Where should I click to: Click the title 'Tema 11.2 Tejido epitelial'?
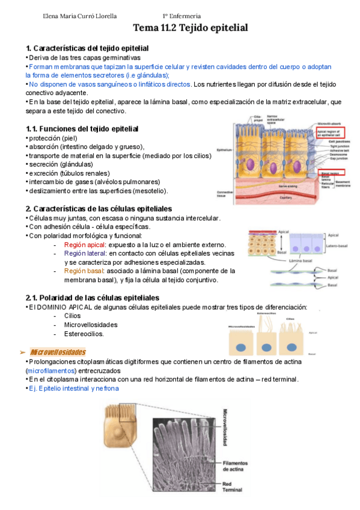pyautogui.click(x=190, y=28)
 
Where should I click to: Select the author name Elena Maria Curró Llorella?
pyautogui.click(x=81, y=16)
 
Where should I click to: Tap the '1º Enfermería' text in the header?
pyautogui.click(x=182, y=16)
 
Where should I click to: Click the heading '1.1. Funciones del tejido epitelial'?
pyautogui.click(x=82, y=128)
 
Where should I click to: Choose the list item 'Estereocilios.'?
pyautogui.click(x=84, y=334)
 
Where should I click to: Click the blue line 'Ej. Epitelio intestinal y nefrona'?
pyautogui.click(x=74, y=389)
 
